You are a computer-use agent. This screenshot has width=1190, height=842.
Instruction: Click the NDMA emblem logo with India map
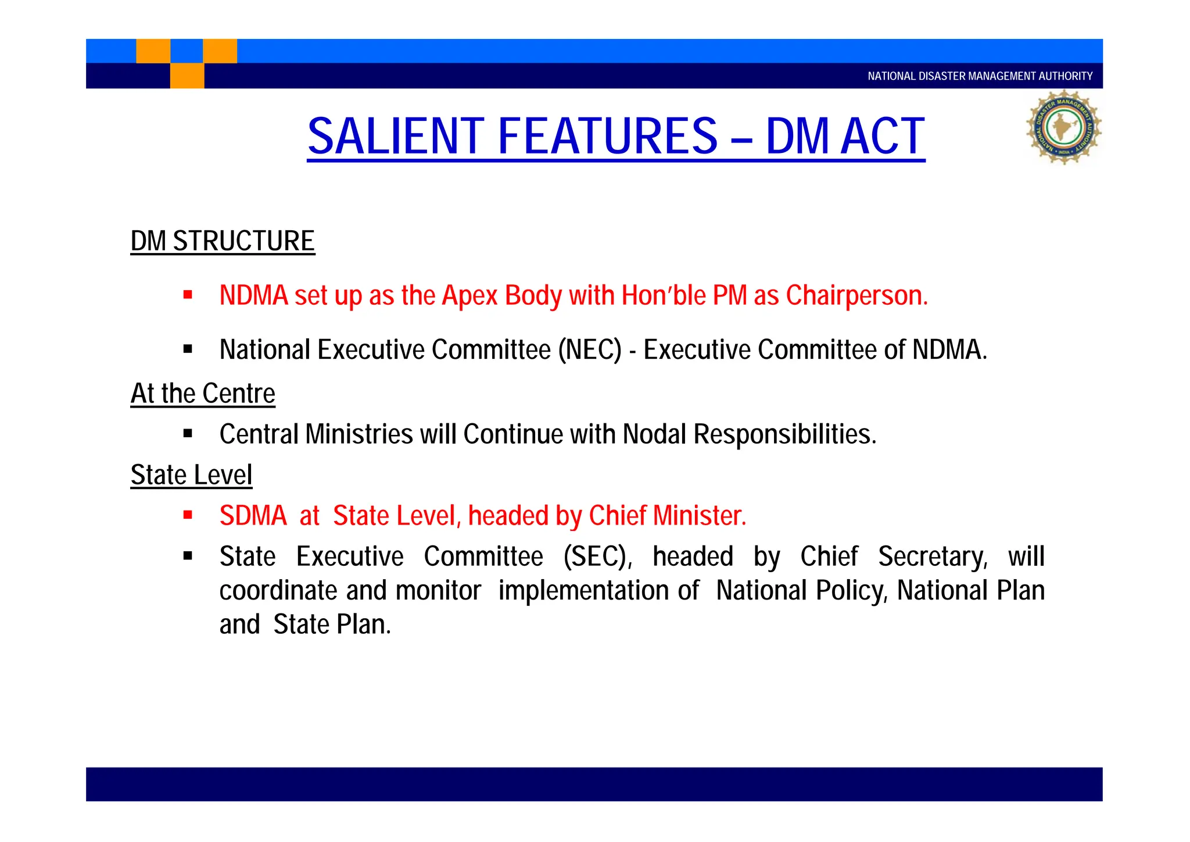[x=1063, y=127]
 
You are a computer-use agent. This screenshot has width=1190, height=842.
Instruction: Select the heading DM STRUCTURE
[x=223, y=241]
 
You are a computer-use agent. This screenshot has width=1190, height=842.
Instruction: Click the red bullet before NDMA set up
[x=188, y=295]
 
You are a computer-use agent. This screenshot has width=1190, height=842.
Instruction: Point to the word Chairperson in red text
[x=856, y=295]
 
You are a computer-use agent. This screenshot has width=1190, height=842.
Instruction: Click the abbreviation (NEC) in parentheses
[x=590, y=349]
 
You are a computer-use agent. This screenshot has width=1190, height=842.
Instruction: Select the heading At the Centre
[x=203, y=394]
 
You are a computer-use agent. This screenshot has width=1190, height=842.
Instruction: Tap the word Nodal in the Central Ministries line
[x=655, y=434]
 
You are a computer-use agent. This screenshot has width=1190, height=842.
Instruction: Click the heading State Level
[x=191, y=475]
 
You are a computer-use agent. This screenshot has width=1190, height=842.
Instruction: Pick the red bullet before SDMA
[x=188, y=515]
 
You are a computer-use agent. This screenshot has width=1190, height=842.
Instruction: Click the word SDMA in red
[x=253, y=516]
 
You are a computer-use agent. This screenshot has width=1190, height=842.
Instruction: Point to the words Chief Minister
[x=667, y=516]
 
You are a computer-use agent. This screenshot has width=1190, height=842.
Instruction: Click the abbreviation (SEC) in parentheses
[x=598, y=556]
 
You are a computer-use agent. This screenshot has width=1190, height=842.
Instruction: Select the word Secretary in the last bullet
[x=932, y=556]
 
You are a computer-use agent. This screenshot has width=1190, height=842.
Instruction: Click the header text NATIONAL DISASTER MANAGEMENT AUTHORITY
[x=980, y=76]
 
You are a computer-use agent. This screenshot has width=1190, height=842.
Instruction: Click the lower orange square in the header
[x=187, y=76]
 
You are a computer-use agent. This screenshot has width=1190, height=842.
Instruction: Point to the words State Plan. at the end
[x=332, y=625]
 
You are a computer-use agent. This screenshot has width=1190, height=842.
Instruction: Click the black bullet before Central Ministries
[x=188, y=433]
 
